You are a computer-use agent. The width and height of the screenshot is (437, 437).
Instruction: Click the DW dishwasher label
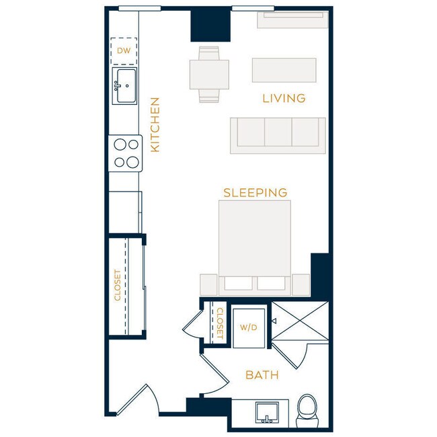(123, 50)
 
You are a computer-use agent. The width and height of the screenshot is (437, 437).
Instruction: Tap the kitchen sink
(124, 86)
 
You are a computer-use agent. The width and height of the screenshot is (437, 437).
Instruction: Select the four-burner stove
(125, 153)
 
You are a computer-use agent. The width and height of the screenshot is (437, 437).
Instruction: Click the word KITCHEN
(155, 124)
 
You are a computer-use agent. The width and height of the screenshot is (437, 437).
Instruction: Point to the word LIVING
(283, 99)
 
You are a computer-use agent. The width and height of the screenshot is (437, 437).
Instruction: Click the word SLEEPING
(255, 193)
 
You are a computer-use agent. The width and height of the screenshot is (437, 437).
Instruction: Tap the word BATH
(262, 375)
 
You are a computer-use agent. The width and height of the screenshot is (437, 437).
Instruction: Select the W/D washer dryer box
(249, 327)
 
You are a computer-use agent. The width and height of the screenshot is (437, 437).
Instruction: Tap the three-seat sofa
(278, 134)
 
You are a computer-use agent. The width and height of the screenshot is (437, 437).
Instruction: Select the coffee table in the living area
(284, 70)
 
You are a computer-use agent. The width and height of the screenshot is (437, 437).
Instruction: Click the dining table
(209, 74)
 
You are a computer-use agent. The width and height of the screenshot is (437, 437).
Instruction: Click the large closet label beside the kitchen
(118, 285)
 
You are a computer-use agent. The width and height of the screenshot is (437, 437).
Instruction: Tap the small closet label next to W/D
(219, 323)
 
